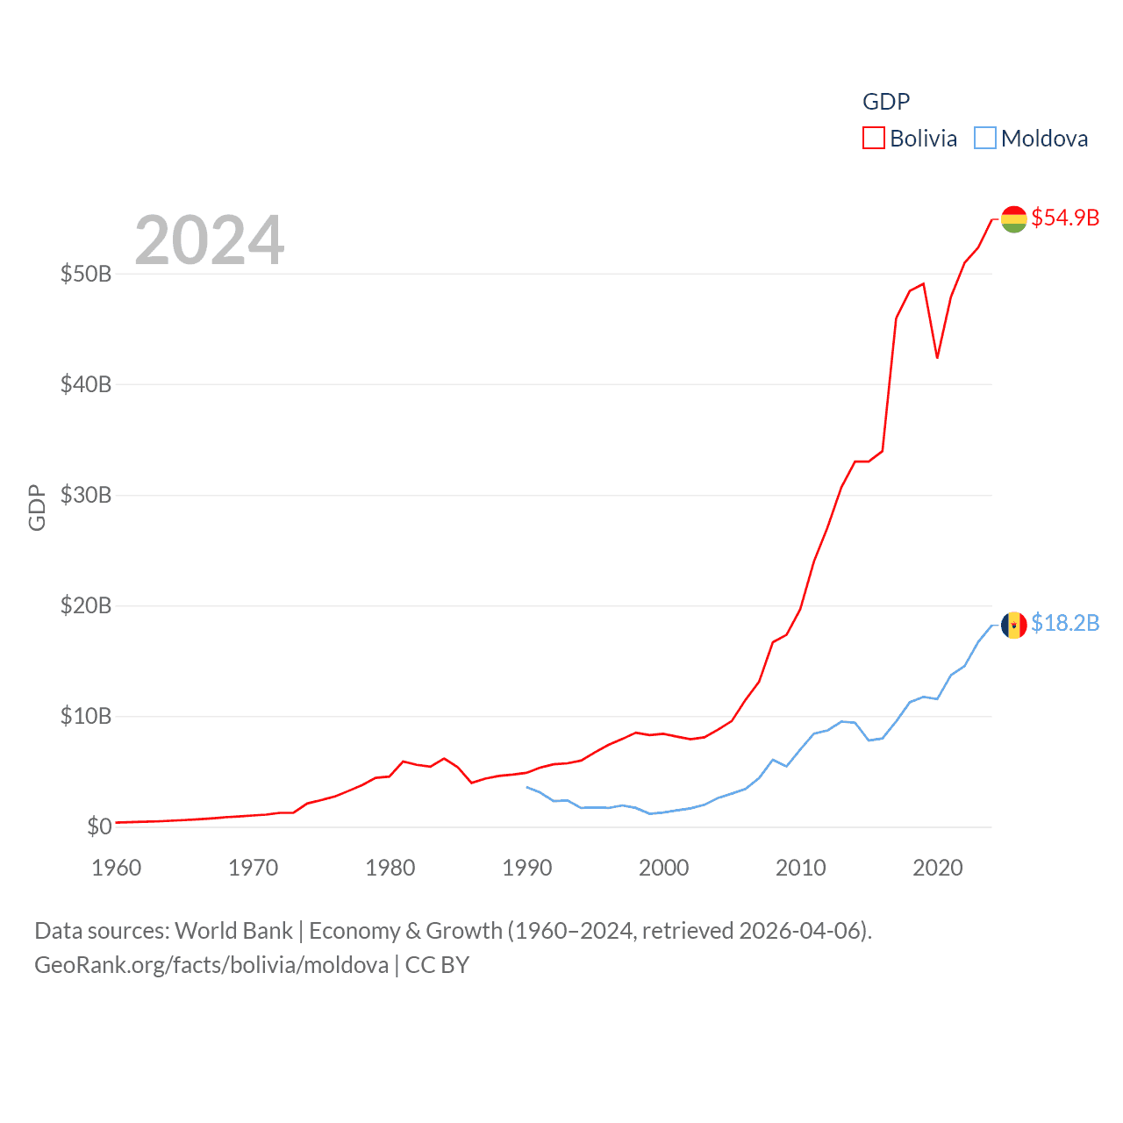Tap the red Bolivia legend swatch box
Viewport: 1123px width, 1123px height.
(x=874, y=138)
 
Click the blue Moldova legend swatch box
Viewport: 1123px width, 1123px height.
(x=985, y=138)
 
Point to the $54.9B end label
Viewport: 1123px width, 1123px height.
(x=1065, y=218)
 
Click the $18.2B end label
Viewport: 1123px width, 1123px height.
(x=1065, y=623)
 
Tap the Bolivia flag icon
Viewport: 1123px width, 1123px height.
(x=1014, y=219)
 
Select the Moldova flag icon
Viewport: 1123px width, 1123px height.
(x=1014, y=626)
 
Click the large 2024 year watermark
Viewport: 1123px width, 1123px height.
(x=209, y=240)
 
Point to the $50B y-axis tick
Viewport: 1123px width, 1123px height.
(x=86, y=274)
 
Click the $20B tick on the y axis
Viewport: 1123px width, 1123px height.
(x=86, y=605)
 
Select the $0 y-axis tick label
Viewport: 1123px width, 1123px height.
(x=99, y=826)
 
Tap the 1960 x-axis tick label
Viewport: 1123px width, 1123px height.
(x=117, y=868)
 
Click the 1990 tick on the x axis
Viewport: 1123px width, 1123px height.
(x=527, y=868)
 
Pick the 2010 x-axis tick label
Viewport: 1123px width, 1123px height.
(x=801, y=868)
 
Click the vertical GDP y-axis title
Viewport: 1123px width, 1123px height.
(x=37, y=507)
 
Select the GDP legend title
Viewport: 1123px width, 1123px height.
(x=886, y=102)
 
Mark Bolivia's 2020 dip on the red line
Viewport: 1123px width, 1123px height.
(x=937, y=357)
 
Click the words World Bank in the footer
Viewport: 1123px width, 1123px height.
(x=233, y=930)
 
